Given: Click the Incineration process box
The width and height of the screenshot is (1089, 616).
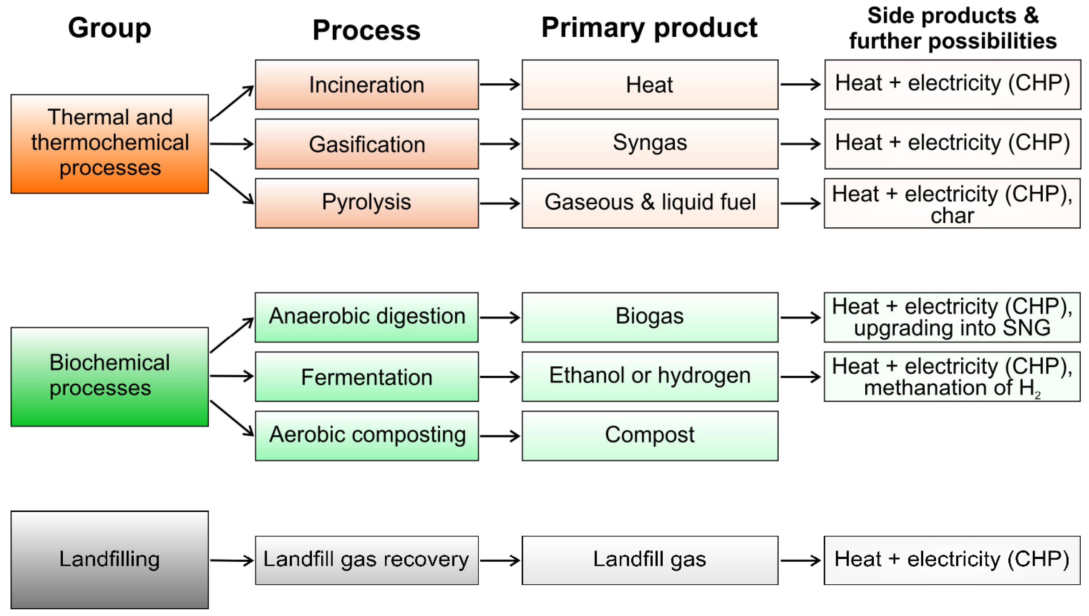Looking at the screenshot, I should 367,84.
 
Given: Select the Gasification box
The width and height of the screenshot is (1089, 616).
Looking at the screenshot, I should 367,144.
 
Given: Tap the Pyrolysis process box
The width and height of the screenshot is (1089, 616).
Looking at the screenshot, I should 367,203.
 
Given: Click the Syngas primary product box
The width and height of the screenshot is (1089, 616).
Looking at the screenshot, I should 650,144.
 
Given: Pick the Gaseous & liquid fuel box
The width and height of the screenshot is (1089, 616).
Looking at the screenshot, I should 650,203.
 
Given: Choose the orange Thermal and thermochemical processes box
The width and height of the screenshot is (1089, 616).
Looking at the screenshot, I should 110,144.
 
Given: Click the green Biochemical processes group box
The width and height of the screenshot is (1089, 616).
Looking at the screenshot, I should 110,377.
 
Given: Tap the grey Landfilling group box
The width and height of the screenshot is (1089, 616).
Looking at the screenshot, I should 110,559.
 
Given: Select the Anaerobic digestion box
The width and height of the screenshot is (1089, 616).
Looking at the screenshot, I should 367,317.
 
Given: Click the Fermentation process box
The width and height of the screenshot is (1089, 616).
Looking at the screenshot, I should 367,377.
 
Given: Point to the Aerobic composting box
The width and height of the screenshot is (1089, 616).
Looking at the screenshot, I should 367,436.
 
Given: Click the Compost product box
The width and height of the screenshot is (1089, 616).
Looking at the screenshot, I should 650,436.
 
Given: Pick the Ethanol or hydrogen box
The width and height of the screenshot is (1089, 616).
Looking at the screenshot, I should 650,377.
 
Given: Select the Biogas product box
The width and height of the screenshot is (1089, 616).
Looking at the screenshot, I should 650,317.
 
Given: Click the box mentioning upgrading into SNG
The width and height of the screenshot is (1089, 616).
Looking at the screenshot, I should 952,317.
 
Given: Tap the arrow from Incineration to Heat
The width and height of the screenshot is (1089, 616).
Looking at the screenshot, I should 500,84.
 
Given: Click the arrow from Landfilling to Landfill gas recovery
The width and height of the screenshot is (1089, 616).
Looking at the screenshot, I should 232,561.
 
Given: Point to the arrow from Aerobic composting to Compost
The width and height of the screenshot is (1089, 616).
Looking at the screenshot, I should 500,436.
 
